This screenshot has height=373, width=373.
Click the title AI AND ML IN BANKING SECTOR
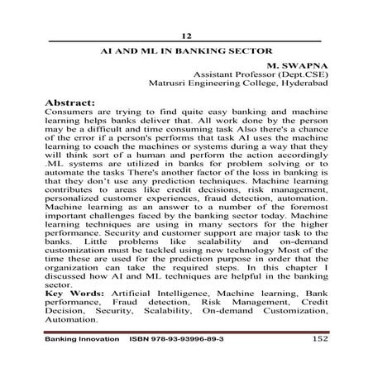(x=186, y=50)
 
